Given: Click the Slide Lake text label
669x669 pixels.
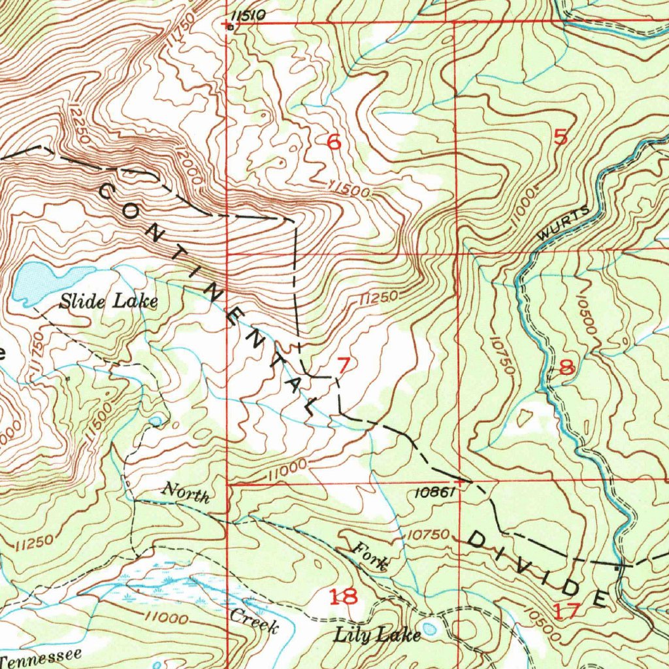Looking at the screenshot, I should (x=108, y=301).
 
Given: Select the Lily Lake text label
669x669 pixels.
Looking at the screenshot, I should (x=377, y=634).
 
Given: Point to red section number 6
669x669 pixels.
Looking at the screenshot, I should (x=334, y=141).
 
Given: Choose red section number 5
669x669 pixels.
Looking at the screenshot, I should (x=561, y=137).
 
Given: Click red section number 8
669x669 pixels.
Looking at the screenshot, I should (x=566, y=368).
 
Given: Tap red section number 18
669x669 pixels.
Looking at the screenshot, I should (x=343, y=596).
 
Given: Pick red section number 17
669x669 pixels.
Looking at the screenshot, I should (x=566, y=612).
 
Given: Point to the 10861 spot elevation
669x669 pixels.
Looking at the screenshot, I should (x=433, y=493).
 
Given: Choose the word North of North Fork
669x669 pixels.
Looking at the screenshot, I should (x=186, y=493).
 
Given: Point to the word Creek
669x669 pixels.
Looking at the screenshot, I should (x=254, y=621).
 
